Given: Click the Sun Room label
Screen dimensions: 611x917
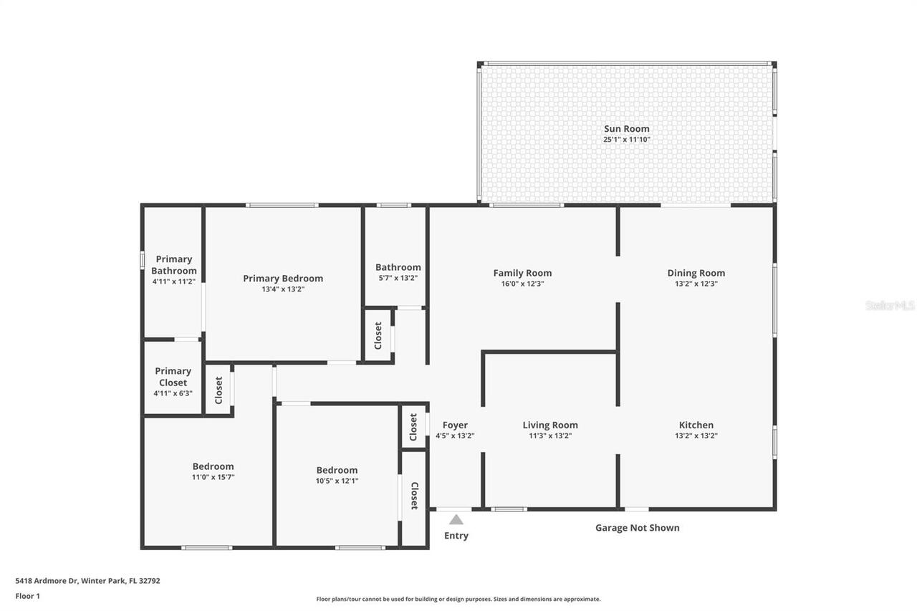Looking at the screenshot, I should pyautogui.click(x=626, y=129).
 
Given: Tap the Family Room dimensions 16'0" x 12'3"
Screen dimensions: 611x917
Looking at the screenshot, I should pyautogui.click(x=522, y=284).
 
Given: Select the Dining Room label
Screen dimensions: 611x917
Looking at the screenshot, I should pyautogui.click(x=696, y=273).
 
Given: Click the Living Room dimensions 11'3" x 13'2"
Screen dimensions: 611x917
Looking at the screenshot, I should pyautogui.click(x=549, y=436).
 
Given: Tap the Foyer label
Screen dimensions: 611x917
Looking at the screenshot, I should pyautogui.click(x=455, y=425).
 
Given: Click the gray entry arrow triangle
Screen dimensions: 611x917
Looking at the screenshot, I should pyautogui.click(x=456, y=519).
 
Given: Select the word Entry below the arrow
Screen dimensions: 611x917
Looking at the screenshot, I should pyautogui.click(x=456, y=536).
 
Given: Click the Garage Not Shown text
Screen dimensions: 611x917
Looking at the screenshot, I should pyautogui.click(x=637, y=528).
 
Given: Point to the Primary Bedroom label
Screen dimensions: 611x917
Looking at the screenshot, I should pyautogui.click(x=282, y=279).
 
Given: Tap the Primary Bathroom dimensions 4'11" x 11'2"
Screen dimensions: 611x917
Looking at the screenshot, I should pyautogui.click(x=173, y=282).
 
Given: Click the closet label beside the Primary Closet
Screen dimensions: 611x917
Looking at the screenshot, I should pyautogui.click(x=219, y=390).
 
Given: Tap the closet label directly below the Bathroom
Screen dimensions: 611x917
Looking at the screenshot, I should pyautogui.click(x=378, y=335).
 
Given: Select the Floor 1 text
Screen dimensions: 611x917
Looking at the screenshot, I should pyautogui.click(x=28, y=596).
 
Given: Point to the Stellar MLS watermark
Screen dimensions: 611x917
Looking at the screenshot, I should pyautogui.click(x=890, y=305).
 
